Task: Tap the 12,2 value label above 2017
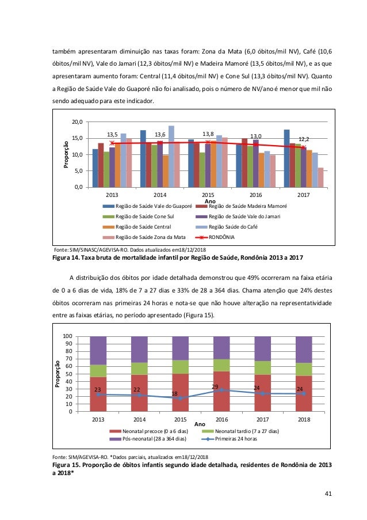(304, 139)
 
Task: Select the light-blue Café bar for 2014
(171, 156)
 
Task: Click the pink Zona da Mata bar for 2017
(320, 177)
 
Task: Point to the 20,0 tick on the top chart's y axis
(77, 122)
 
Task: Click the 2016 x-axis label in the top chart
(255, 195)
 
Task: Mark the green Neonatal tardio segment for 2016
(221, 365)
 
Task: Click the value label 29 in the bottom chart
(215, 386)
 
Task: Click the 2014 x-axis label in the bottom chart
(140, 419)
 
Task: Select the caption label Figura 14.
(68, 257)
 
